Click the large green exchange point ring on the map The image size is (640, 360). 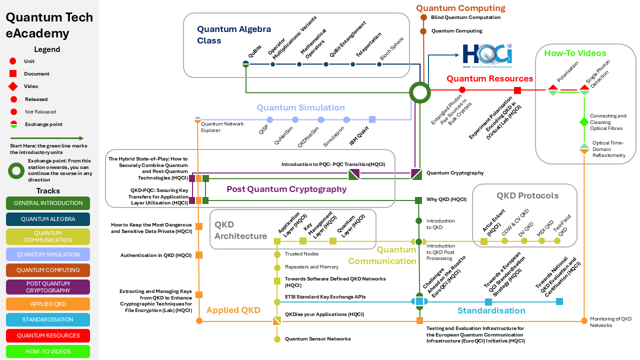click(x=419, y=92)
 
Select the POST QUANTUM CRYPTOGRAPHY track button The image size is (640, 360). click(x=48, y=287)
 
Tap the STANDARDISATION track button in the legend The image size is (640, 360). click(x=48, y=320)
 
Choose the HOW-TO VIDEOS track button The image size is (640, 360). click(x=48, y=351)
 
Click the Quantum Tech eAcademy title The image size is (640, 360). click(x=49, y=25)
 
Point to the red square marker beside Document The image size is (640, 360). click(x=13, y=74)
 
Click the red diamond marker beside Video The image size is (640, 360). click(x=13, y=86)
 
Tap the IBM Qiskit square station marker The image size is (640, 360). click(x=372, y=119)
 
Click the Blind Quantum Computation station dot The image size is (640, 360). click(x=423, y=17)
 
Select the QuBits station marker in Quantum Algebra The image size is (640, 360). click(x=246, y=64)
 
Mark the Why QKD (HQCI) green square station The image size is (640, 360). click(x=418, y=200)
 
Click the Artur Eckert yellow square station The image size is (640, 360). click(x=484, y=241)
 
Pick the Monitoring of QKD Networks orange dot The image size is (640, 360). click(x=583, y=320)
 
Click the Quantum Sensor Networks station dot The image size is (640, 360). click(x=277, y=339)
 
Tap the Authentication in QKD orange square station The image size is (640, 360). click(x=199, y=255)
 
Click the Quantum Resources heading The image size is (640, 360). click(x=489, y=78)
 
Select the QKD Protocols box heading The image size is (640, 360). click(x=527, y=195)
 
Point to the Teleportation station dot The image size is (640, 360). click(x=353, y=64)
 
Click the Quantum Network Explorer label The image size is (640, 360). click(x=222, y=127)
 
